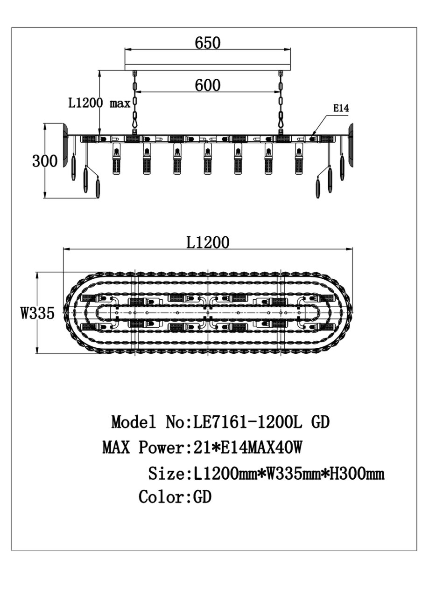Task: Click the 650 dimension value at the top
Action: tap(208, 43)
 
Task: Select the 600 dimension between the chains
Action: tap(208, 85)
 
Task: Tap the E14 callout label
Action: tap(341, 109)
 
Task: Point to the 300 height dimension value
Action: tap(45, 161)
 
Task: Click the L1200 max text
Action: tap(99, 103)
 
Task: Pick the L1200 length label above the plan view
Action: tap(208, 242)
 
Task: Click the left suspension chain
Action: tap(134, 103)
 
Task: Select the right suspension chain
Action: tap(281, 103)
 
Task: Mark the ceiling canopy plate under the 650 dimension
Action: tap(208, 68)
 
